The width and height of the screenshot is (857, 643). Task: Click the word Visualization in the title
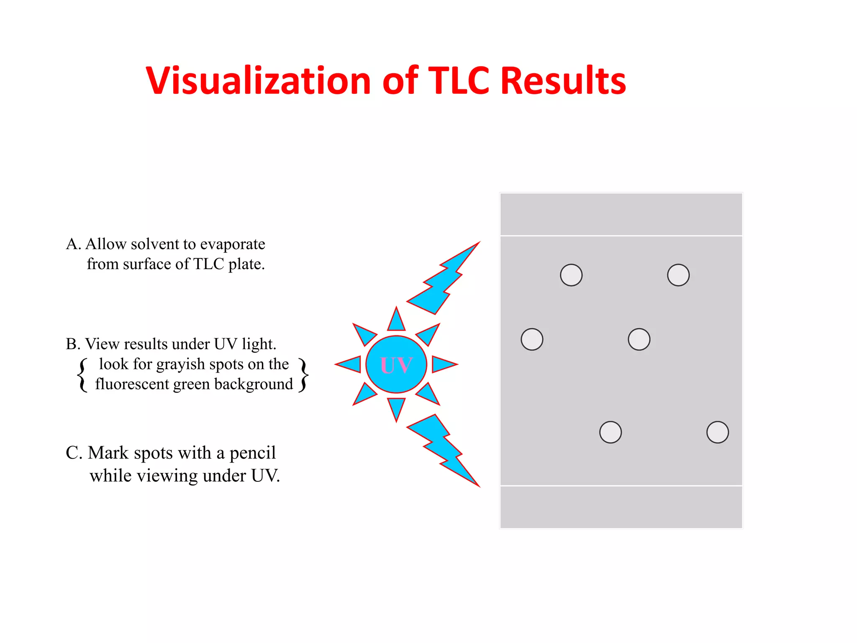point(258,80)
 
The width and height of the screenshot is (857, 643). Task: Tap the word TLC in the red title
point(459,80)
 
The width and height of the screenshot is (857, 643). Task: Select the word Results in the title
point(563,80)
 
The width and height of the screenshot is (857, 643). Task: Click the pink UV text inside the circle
point(396,365)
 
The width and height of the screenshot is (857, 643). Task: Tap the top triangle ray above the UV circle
point(396,320)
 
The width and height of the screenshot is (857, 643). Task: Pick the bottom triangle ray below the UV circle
point(396,408)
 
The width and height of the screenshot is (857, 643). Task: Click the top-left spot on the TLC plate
point(571,275)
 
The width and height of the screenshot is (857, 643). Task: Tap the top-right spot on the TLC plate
point(678,275)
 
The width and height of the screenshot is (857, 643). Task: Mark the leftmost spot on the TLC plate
point(532,339)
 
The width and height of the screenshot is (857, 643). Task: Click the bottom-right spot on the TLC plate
point(718,432)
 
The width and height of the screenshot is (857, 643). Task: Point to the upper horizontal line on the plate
point(621,236)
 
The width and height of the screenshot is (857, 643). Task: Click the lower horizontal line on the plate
point(621,486)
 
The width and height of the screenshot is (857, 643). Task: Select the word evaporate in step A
point(233,244)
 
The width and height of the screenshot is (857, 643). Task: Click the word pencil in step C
point(253,453)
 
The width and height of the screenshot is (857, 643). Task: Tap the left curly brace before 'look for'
point(83,375)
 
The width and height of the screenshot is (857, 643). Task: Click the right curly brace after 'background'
point(304,375)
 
